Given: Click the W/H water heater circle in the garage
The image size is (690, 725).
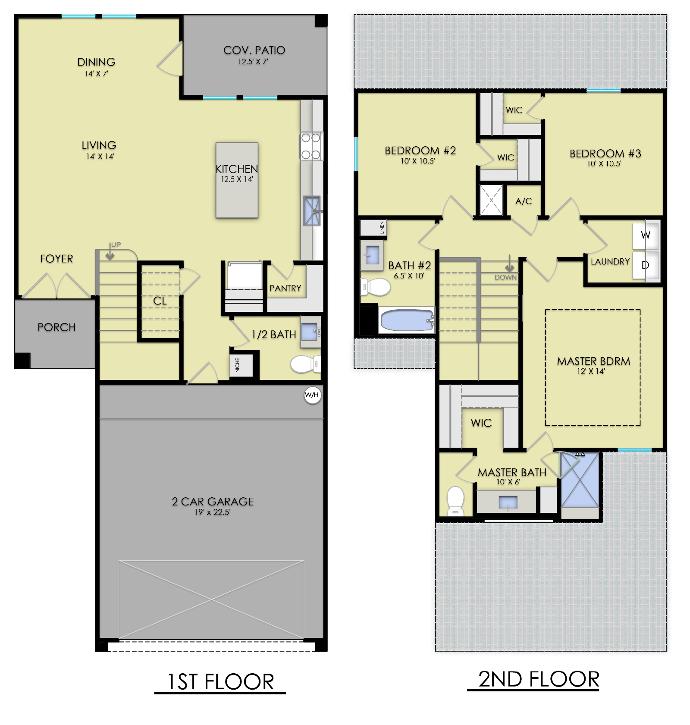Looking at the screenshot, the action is pos(312,395).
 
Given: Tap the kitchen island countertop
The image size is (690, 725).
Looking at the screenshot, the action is pos(237,180).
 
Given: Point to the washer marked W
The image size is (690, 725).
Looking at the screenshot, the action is pos(646,235).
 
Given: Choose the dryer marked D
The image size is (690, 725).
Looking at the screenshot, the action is pos(646,265).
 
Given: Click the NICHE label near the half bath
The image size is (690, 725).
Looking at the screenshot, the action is pos(237,365).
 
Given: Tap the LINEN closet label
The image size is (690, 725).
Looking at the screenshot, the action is pos(382,228).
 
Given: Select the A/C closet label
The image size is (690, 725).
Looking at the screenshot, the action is pos(524,201).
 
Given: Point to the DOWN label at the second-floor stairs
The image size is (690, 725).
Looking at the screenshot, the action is pos(506,277).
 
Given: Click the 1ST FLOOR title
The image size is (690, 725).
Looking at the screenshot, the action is pos(220,682).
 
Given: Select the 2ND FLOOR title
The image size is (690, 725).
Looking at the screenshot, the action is pos(539,679).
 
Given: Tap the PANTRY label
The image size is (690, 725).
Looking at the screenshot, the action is pos(285,288).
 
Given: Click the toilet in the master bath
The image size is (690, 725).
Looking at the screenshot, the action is pos(455,501).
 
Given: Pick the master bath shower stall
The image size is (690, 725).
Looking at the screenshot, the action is pos(580,480).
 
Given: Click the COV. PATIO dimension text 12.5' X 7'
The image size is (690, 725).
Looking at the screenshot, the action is pos(253,62).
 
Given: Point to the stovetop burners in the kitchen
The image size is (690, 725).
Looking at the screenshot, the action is pos(311,146).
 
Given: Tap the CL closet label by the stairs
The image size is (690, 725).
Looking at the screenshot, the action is pos(160,301).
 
